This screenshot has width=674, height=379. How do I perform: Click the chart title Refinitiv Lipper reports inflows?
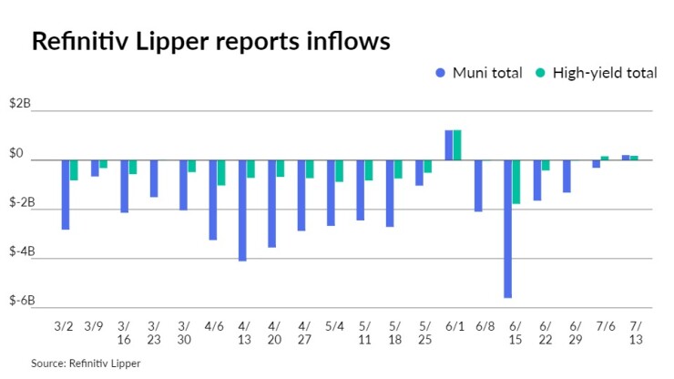pyautogui.click(x=211, y=42)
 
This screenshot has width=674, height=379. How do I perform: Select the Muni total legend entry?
pyautogui.click(x=479, y=73)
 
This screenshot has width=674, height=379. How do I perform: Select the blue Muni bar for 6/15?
pyautogui.click(x=507, y=229)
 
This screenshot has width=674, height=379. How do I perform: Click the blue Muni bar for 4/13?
pyautogui.click(x=242, y=210)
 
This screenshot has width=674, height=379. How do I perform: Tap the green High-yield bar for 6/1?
pyautogui.click(x=457, y=145)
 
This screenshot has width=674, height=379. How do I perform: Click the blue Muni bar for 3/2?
pyautogui.click(x=66, y=194)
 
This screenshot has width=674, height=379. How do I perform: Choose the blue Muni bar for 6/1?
pyautogui.click(x=448, y=145)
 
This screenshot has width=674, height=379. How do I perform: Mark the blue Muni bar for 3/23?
pyautogui.click(x=154, y=179)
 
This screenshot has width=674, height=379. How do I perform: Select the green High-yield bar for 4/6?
pyautogui.click(x=221, y=172)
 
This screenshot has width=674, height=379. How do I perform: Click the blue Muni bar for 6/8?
pyautogui.click(x=478, y=186)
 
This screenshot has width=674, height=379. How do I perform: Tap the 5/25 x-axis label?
pyautogui.click(x=424, y=332)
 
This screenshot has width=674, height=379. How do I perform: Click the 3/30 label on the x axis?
pyautogui.click(x=183, y=332)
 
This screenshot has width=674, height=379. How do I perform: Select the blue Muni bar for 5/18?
pyautogui.click(x=390, y=193)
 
